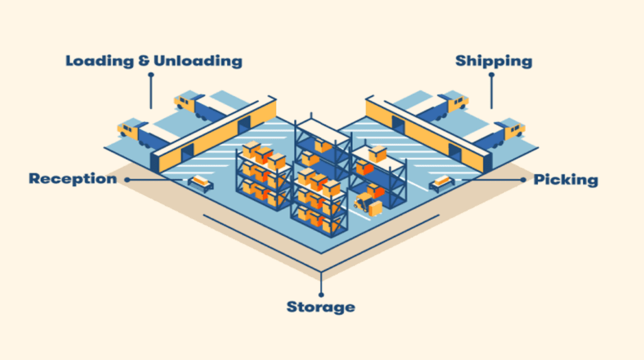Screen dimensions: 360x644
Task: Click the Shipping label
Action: [494, 62]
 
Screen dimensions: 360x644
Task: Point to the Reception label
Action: [72, 179]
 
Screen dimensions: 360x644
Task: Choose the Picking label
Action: [565, 180]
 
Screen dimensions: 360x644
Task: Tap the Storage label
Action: [321, 307]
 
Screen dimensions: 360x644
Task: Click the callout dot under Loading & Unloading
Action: [151, 75]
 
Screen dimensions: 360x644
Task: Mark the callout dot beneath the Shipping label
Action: [491, 75]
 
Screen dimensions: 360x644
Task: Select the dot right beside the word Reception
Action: [127, 179]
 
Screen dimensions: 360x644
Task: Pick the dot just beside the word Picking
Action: [523, 179]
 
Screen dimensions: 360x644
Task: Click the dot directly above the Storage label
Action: [321, 294]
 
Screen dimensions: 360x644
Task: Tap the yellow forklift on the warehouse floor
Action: [364, 201]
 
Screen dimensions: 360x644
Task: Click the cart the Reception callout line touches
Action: [201, 183]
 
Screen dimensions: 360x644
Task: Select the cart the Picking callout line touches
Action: [441, 183]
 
